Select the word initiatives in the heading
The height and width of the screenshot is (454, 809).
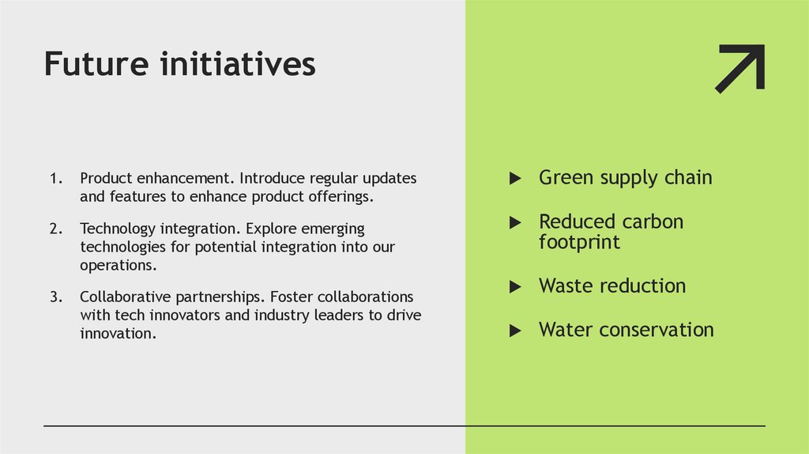click(238, 64)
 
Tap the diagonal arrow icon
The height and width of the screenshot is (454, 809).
click(740, 68)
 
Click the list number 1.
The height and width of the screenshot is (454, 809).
click(55, 179)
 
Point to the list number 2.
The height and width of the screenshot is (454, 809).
click(55, 229)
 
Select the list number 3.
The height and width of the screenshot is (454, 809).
click(55, 297)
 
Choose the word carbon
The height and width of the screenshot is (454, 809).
click(653, 221)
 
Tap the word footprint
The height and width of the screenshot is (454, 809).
click(579, 241)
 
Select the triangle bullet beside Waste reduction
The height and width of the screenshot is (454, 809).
click(515, 287)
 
